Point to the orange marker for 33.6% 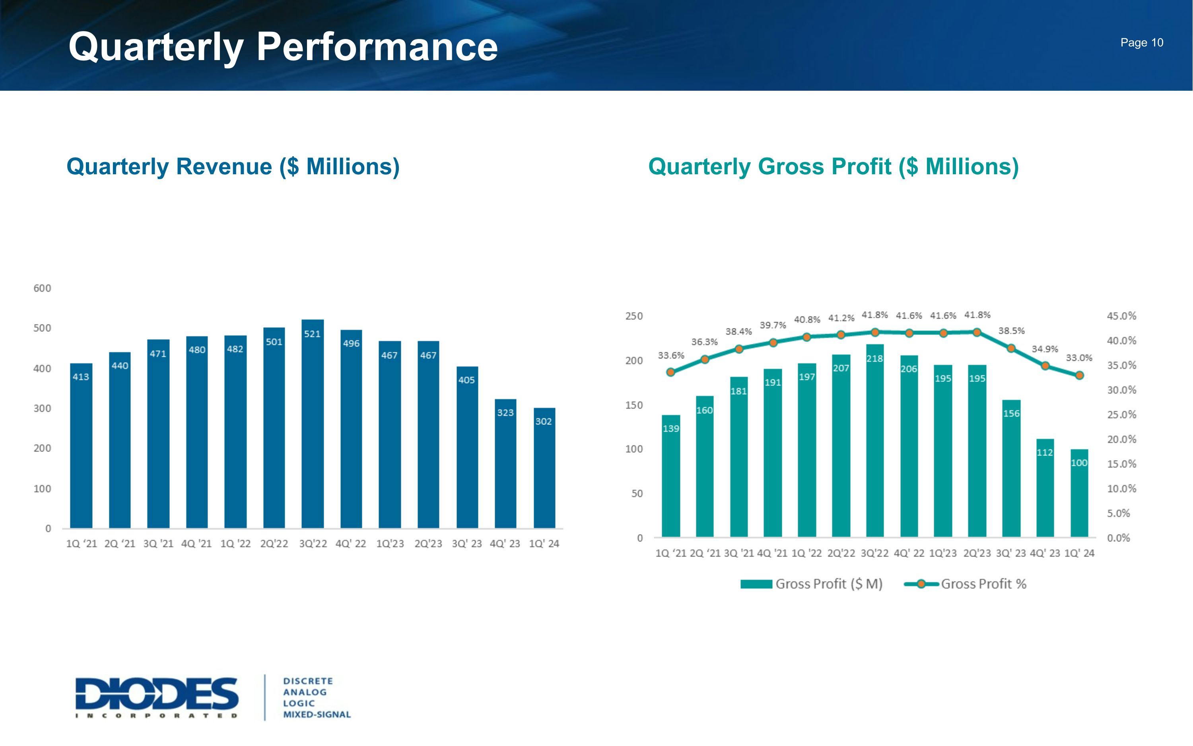[x=670, y=372]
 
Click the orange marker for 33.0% [x=1079, y=376]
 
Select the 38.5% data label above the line [x=1011, y=331]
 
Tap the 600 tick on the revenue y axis [x=43, y=288]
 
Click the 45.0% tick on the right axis [x=1121, y=316]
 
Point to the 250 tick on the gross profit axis [x=634, y=316]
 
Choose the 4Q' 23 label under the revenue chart [x=505, y=544]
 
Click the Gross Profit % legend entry [x=983, y=584]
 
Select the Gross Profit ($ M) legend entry [x=828, y=584]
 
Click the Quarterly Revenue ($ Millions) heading [x=233, y=167]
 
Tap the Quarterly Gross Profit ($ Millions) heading [x=833, y=167]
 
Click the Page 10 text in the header [x=1141, y=43]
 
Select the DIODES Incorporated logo [x=157, y=697]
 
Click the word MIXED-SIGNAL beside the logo [x=317, y=715]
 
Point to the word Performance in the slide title [x=377, y=47]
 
